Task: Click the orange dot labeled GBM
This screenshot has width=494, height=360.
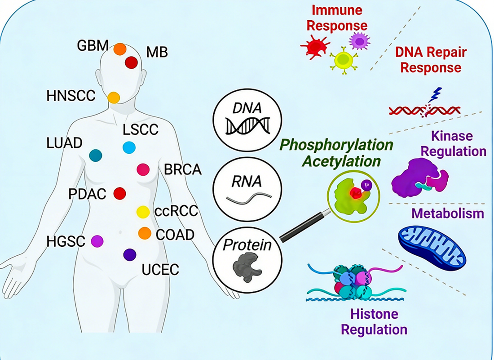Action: click(x=119, y=49)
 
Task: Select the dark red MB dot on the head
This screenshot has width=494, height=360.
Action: click(x=131, y=62)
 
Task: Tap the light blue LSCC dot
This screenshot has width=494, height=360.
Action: click(x=129, y=147)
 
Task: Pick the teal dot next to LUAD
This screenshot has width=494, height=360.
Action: click(x=96, y=155)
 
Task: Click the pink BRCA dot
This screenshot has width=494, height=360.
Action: click(x=143, y=169)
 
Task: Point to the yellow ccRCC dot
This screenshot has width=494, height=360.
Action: click(x=143, y=211)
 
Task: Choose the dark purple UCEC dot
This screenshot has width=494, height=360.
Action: click(x=130, y=254)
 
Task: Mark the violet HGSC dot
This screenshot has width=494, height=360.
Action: click(x=97, y=241)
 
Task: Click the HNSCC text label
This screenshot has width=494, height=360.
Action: click(x=71, y=96)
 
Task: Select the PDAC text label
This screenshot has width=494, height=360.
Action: click(x=87, y=194)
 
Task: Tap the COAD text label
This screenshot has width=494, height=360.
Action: click(x=175, y=234)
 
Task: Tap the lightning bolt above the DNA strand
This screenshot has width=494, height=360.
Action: click(x=435, y=96)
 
